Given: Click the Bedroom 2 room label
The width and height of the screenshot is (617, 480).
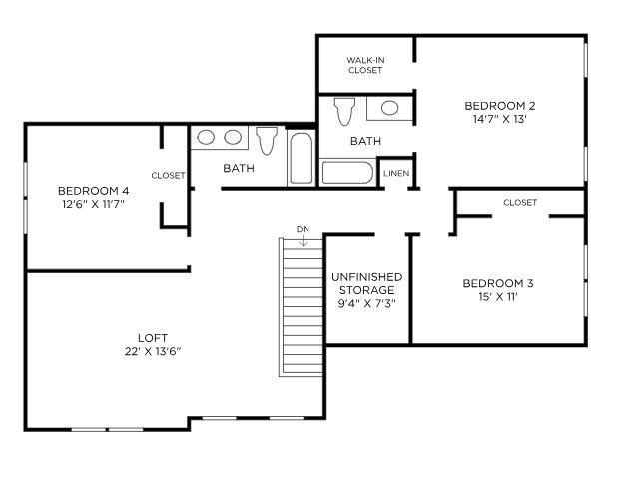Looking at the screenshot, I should [500, 106].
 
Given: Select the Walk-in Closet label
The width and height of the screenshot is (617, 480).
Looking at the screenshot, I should [365, 65].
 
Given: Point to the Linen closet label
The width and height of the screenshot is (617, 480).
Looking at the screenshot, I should [395, 174].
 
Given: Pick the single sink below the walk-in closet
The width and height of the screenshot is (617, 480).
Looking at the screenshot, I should [390, 108].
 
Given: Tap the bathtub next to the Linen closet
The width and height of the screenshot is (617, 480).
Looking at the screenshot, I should [346, 173].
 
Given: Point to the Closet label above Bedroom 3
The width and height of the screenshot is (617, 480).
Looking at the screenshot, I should [520, 203].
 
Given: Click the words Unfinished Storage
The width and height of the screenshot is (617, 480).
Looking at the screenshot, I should [366, 283].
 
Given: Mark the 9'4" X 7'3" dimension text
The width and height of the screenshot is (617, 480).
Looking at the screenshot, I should [366, 304].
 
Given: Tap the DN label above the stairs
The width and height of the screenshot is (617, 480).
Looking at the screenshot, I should [303, 230].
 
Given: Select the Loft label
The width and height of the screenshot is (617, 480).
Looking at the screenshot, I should [152, 336].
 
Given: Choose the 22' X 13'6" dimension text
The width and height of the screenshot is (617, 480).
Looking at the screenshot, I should [152, 351].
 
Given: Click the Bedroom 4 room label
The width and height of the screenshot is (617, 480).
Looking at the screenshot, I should [93, 191].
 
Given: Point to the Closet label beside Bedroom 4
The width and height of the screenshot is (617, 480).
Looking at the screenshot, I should [168, 176].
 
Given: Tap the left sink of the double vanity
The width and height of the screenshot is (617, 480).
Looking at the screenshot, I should [208, 137].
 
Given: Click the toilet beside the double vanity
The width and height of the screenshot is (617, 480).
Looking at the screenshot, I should [266, 140].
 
